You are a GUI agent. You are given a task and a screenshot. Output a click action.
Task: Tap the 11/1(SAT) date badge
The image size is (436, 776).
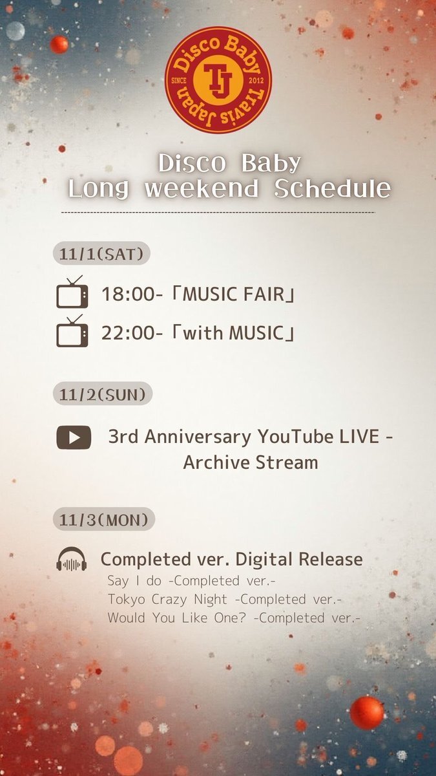101,253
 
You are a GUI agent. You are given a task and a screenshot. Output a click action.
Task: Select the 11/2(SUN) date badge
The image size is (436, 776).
102,393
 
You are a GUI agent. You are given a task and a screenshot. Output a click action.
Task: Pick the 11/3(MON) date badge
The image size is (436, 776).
103,518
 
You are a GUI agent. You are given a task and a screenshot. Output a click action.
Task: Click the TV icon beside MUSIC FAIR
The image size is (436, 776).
72,292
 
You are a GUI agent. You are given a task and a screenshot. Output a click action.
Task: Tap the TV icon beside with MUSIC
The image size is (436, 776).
72,332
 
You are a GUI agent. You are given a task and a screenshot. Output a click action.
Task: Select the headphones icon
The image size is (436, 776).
72,559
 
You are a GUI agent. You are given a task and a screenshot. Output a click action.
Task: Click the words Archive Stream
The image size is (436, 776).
251,462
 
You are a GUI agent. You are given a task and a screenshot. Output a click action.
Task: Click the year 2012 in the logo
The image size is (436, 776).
254,80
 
